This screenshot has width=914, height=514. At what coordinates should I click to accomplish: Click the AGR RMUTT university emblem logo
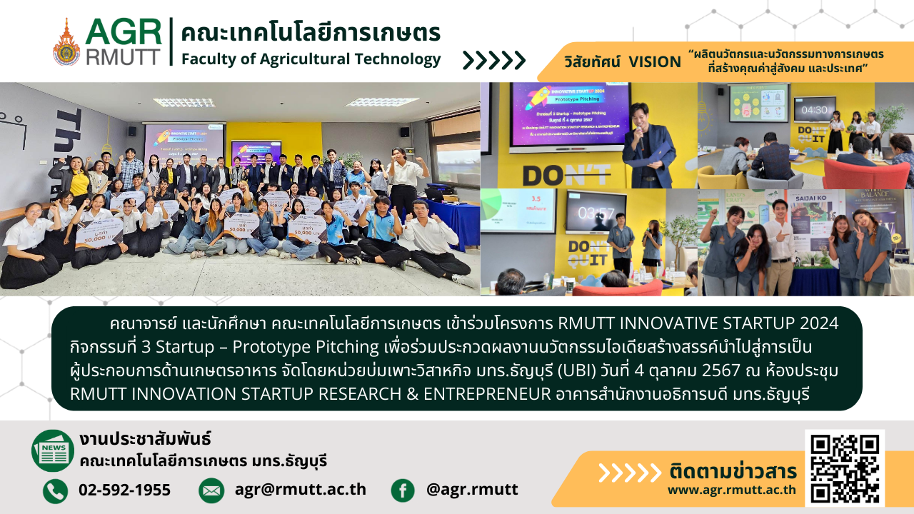tap(66, 41)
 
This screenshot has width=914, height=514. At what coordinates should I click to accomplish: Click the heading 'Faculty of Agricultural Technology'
tap(311, 59)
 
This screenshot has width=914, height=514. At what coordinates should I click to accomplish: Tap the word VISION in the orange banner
tap(655, 62)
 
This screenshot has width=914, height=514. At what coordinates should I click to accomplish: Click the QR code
tap(844, 468)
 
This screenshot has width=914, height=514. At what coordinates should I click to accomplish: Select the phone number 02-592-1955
tap(124, 490)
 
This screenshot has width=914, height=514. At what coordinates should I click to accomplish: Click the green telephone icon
tap(55, 490)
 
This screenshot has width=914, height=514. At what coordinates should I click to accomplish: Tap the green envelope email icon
tap(211, 490)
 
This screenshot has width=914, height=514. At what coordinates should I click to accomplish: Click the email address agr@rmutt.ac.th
tap(300, 490)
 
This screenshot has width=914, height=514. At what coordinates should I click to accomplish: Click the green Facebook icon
tap(403, 490)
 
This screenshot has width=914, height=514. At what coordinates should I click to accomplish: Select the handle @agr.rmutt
tap(472, 490)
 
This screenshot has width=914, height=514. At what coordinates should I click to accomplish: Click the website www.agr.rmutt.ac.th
tap(732, 490)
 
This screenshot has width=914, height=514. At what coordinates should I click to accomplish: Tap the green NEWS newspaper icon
tap(53, 450)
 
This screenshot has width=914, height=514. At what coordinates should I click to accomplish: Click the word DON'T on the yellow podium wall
tap(566, 173)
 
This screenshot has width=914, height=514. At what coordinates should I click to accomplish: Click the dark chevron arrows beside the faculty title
tap(494, 61)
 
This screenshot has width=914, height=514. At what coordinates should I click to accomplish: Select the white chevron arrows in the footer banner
tap(629, 473)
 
